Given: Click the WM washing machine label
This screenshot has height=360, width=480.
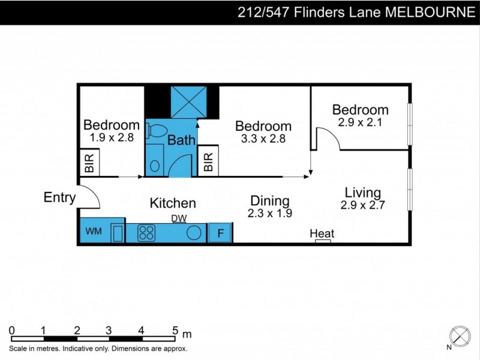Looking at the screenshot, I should [93, 231].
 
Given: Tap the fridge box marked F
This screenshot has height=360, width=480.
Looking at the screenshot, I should [220, 233].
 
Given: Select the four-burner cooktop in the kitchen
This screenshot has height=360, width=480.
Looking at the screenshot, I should [147, 232].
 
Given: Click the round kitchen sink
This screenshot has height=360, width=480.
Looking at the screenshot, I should [194, 233].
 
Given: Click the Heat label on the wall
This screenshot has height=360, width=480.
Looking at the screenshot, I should [322, 233].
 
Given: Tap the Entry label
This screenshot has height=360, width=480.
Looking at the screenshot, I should [59, 197].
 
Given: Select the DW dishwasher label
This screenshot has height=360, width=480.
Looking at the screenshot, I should [179, 218].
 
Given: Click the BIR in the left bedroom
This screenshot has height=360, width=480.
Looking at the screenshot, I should [89, 163].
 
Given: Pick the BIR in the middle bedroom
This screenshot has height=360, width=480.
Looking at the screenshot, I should [208, 162].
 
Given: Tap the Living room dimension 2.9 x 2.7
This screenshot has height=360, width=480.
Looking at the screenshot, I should [362, 205].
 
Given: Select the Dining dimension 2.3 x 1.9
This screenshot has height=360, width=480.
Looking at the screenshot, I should [269, 212].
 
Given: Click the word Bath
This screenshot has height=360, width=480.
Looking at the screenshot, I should [181, 141].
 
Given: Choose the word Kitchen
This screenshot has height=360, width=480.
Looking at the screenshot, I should [173, 203].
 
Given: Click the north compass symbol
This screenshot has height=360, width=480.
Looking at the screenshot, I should [460, 335].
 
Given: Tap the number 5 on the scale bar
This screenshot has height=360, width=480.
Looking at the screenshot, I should [175, 330].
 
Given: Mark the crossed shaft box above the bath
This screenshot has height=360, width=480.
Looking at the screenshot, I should [188, 101].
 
